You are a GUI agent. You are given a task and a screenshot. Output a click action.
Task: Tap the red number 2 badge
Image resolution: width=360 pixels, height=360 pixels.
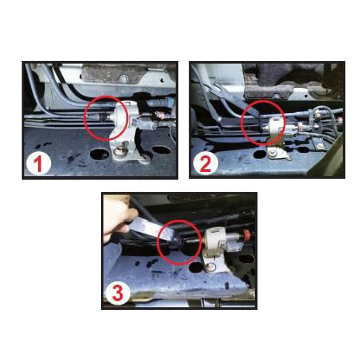point(205,165)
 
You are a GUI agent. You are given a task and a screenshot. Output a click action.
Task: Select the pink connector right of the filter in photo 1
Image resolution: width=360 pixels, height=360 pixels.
point(158,116)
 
